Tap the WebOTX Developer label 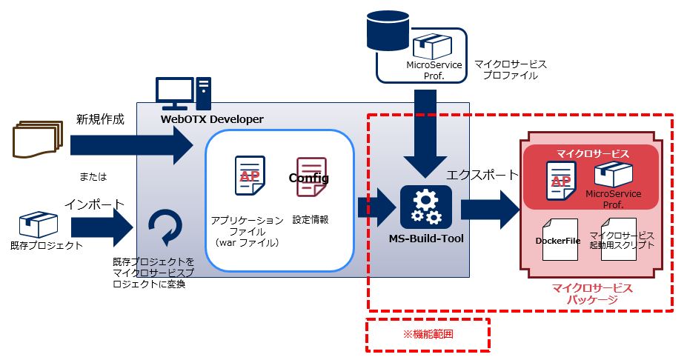pos(212,119)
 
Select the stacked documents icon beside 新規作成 pos(35,140)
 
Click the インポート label pos(93,203)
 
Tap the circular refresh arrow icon pos(164,227)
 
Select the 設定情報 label pos(311,219)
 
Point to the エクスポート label pos(482,175)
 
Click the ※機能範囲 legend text pos(428,334)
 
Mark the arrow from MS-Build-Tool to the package pos(491,210)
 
